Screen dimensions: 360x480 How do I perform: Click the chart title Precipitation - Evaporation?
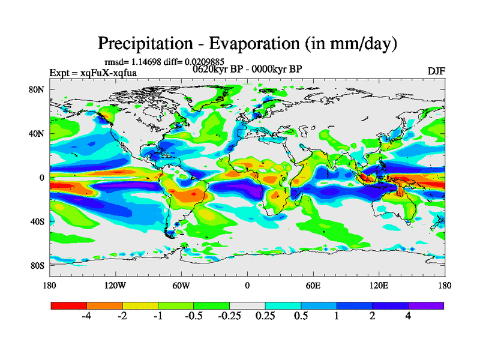click(x=247, y=44)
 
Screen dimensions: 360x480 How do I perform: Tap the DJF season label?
click(x=436, y=71)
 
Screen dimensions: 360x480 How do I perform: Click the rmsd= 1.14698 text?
click(x=133, y=61)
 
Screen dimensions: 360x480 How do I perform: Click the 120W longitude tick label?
click(x=115, y=285)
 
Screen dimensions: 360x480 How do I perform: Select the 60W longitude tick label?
click(x=181, y=285)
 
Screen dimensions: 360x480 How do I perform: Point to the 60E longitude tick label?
click(x=313, y=285)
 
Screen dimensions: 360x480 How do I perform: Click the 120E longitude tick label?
click(x=379, y=285)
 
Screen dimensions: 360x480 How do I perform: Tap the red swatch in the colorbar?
click(x=69, y=305)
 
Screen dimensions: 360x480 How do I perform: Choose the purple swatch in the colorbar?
click(x=426, y=305)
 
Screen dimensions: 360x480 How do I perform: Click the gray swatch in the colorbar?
click(x=247, y=305)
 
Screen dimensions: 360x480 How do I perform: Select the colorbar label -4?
click(x=86, y=317)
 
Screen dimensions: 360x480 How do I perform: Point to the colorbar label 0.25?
click(x=265, y=317)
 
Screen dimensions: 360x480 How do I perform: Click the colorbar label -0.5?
click(x=193, y=317)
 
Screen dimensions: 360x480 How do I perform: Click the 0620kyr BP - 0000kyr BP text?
click(x=247, y=69)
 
